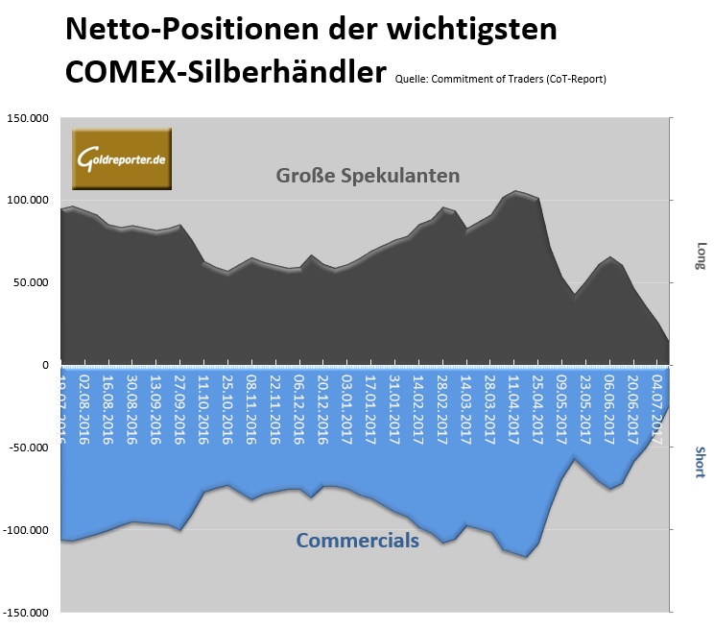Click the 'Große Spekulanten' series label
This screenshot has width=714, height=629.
click(368, 177)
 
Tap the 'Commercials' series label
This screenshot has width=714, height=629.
click(357, 541)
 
